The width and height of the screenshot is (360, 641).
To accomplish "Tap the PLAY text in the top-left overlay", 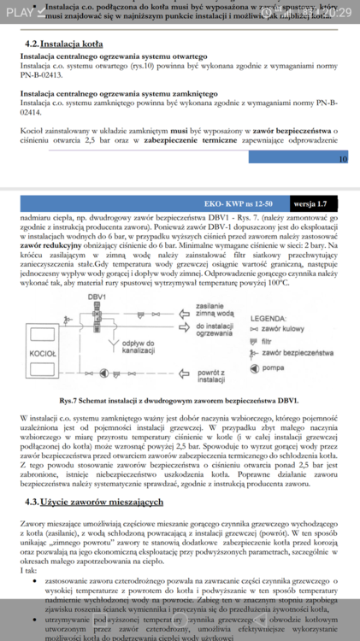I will [x=20, y=10].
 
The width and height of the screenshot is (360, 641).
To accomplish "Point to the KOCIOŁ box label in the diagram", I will [x=43, y=353].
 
